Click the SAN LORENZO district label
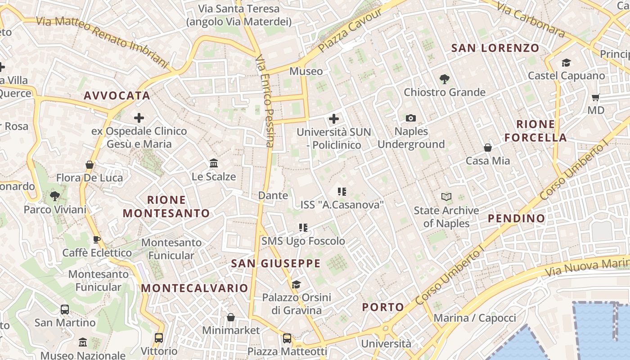495,48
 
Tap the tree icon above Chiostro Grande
445,79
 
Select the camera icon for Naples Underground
410,118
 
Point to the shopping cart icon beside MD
596,97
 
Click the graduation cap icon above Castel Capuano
566,63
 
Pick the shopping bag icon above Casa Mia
487,148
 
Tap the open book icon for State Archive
446,197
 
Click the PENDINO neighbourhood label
516,218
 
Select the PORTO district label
383,307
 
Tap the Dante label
273,195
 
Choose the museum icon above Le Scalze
214,163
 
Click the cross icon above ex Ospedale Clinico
139,118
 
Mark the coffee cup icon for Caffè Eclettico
96,239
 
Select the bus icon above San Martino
65,310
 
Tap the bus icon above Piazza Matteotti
287,338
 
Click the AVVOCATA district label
117,95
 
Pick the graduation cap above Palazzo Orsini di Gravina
296,284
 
